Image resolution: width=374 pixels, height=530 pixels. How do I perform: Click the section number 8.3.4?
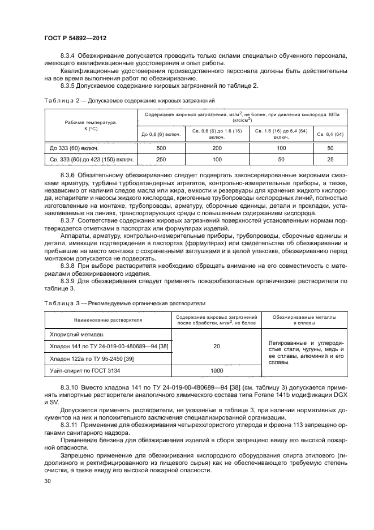[68, 55]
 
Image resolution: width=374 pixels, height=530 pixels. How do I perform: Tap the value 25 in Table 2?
[330, 160]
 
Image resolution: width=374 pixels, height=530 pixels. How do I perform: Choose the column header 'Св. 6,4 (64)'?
[330, 134]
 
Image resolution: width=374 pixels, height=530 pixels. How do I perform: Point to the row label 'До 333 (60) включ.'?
[74, 147]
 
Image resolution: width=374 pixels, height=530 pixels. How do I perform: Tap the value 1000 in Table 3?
[217, 370]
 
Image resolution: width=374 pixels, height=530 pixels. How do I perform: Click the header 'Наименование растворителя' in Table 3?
[106, 320]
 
